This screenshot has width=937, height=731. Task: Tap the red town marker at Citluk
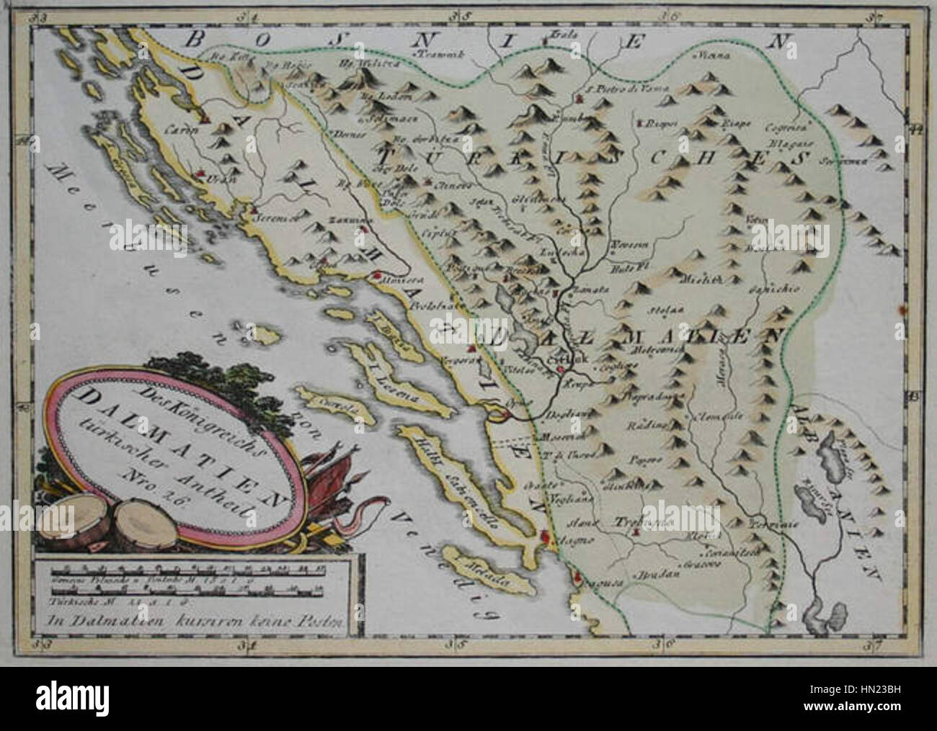pos(560,370)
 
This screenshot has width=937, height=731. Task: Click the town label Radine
pos(645,425)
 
